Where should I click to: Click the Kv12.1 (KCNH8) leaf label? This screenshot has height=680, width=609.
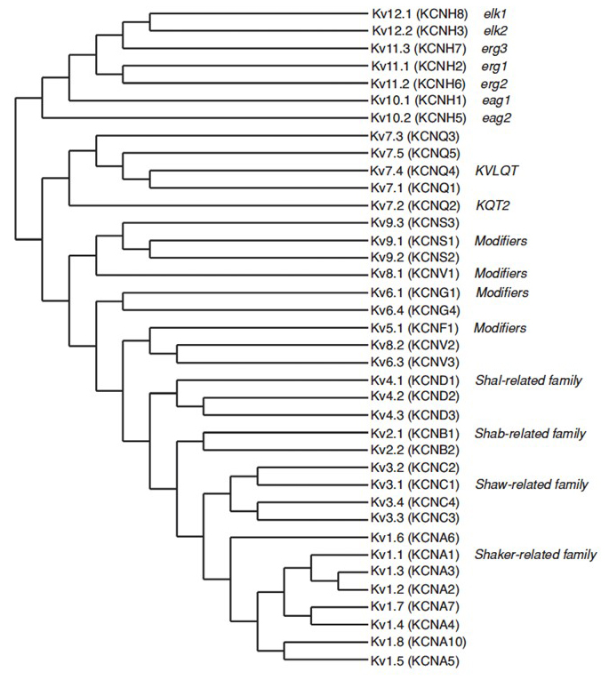point(420,14)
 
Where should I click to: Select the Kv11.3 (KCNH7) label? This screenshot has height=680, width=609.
point(418,49)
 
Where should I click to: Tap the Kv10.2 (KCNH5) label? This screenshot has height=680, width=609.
point(418,118)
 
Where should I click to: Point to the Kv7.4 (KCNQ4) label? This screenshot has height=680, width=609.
point(414,171)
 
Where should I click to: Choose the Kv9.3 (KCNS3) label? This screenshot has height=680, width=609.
point(414,223)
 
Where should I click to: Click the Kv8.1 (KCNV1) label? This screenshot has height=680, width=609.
point(414,274)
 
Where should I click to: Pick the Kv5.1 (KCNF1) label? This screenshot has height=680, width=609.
point(414,328)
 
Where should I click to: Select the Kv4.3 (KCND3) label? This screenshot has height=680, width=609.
point(414,415)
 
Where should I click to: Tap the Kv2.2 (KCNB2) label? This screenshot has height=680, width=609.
point(414,450)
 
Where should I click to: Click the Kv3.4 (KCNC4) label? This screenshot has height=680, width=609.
point(414,502)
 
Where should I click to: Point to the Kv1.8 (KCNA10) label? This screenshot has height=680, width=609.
point(418,642)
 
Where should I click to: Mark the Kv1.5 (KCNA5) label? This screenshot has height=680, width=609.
point(414,661)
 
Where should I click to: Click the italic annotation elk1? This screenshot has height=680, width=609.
point(495,14)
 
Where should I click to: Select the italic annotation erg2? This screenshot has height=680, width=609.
point(494,84)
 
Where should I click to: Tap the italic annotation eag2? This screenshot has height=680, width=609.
point(496,118)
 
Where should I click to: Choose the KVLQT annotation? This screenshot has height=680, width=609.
point(497,171)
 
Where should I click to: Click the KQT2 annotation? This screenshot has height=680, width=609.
point(493,205)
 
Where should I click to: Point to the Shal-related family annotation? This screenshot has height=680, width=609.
point(529,380)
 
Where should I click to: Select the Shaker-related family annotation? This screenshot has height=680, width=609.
point(536,555)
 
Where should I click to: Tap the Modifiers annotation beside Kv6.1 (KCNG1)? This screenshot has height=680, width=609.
point(502,292)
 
